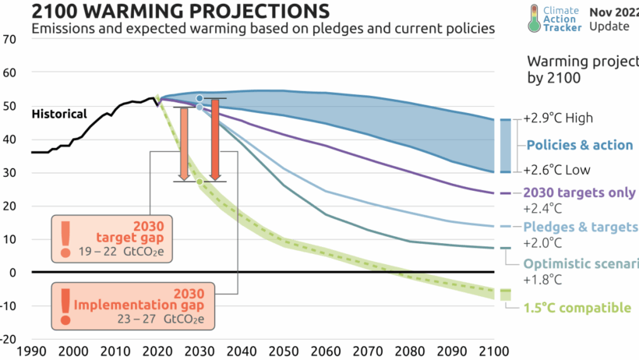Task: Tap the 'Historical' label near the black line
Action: pos(59,114)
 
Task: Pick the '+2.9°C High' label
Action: pos(558,118)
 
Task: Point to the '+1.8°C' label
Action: pos(542,278)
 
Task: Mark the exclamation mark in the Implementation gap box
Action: pos(65,305)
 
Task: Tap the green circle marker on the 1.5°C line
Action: pos(199,182)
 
